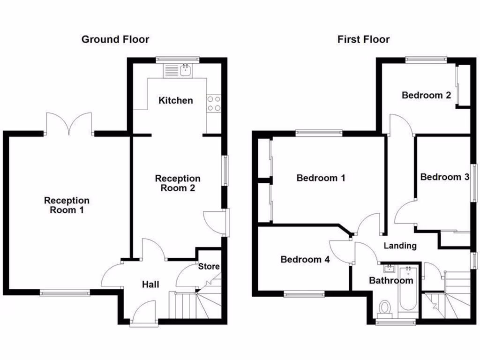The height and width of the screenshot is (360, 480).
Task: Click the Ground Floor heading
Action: point(115,39)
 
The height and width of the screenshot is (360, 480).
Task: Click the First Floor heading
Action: point(363,39)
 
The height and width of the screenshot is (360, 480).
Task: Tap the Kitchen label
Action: point(175,100)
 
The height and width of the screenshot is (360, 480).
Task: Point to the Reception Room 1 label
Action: point(67,205)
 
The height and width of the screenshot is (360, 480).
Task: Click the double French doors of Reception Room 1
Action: point(69,125)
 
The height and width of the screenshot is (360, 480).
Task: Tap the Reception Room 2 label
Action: point(178,183)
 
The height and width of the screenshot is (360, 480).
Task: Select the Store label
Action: point(209,267)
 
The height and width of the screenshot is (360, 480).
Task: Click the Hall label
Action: point(151,285)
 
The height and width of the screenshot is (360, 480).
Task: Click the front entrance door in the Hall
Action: point(144,313)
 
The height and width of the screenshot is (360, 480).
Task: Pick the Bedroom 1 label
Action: point(321,178)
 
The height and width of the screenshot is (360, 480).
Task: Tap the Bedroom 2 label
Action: point(426,95)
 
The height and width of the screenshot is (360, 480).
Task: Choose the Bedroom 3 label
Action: point(444,177)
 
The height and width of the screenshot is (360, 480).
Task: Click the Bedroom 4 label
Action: point(305,259)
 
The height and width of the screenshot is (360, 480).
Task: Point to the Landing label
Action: point(400,246)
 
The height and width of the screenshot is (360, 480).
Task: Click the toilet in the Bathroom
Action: point(385,308)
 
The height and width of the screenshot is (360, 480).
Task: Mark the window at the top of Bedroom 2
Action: point(426,60)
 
